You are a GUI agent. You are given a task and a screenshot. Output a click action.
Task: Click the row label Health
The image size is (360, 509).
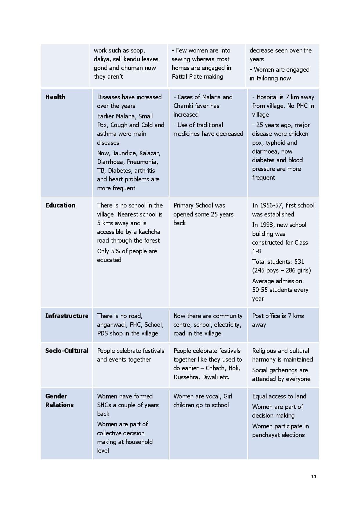[x=55, y=97]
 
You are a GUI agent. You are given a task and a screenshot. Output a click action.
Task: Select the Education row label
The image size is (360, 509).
[x=60, y=205]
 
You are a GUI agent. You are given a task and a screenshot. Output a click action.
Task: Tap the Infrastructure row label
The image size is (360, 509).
[x=67, y=316]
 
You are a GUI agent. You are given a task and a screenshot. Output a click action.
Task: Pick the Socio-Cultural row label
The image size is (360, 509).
[x=67, y=351]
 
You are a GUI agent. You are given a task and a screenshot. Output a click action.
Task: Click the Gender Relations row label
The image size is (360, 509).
[x=59, y=400]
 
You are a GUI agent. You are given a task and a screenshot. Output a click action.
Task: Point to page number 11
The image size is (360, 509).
[x=314, y=476]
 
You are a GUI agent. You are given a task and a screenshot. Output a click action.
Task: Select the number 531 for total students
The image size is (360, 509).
[x=299, y=261]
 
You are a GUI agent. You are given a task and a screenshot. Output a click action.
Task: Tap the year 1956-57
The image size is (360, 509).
[x=271, y=205]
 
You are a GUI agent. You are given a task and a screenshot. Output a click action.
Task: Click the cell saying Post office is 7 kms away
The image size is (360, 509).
[x=278, y=320]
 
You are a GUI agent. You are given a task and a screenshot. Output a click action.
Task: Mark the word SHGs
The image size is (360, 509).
[x=104, y=405]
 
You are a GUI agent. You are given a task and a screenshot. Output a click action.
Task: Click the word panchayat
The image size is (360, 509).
[x=266, y=435]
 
